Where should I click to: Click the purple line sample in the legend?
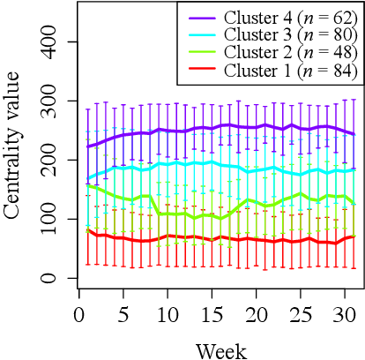click(202, 17)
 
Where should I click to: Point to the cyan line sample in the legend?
click(202, 34)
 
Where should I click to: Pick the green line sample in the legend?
click(202, 52)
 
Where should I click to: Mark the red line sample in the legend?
click(202, 70)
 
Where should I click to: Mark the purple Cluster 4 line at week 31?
click(354, 134)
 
